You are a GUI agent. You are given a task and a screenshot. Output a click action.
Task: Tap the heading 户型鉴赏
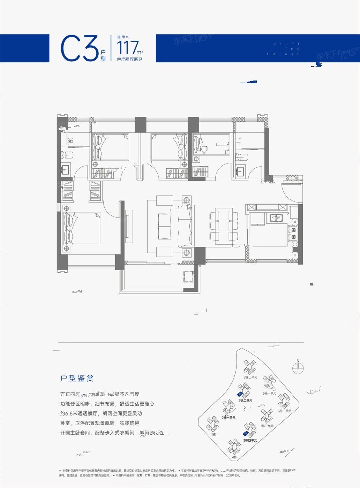pyautogui.click(x=77, y=378)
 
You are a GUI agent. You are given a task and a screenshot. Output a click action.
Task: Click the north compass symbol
pyautogui.click(x=298, y=366)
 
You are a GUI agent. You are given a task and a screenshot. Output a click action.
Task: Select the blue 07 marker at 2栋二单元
pyautogui.click(x=240, y=394)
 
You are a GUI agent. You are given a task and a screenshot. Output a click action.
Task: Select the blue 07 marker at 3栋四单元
pyautogui.click(x=246, y=434)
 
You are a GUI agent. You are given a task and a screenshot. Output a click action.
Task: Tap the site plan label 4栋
pyautogui.click(x=234, y=457)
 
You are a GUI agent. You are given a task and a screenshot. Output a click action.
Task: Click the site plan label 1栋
pyautogui.click(x=213, y=434)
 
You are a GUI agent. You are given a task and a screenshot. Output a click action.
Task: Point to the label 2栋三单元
pyautogui.click(x=250, y=377)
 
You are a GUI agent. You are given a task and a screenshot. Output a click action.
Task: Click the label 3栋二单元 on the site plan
pyautogui.click(x=285, y=411)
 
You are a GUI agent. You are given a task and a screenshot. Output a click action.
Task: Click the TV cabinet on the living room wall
pyautogui.click(x=128, y=226)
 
